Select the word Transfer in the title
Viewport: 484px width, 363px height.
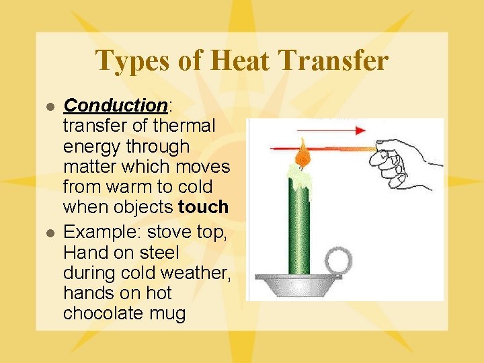click(339, 61)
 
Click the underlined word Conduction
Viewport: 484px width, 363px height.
click(115, 106)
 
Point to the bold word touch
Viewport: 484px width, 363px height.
click(204, 207)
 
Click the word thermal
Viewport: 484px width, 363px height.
click(184, 126)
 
